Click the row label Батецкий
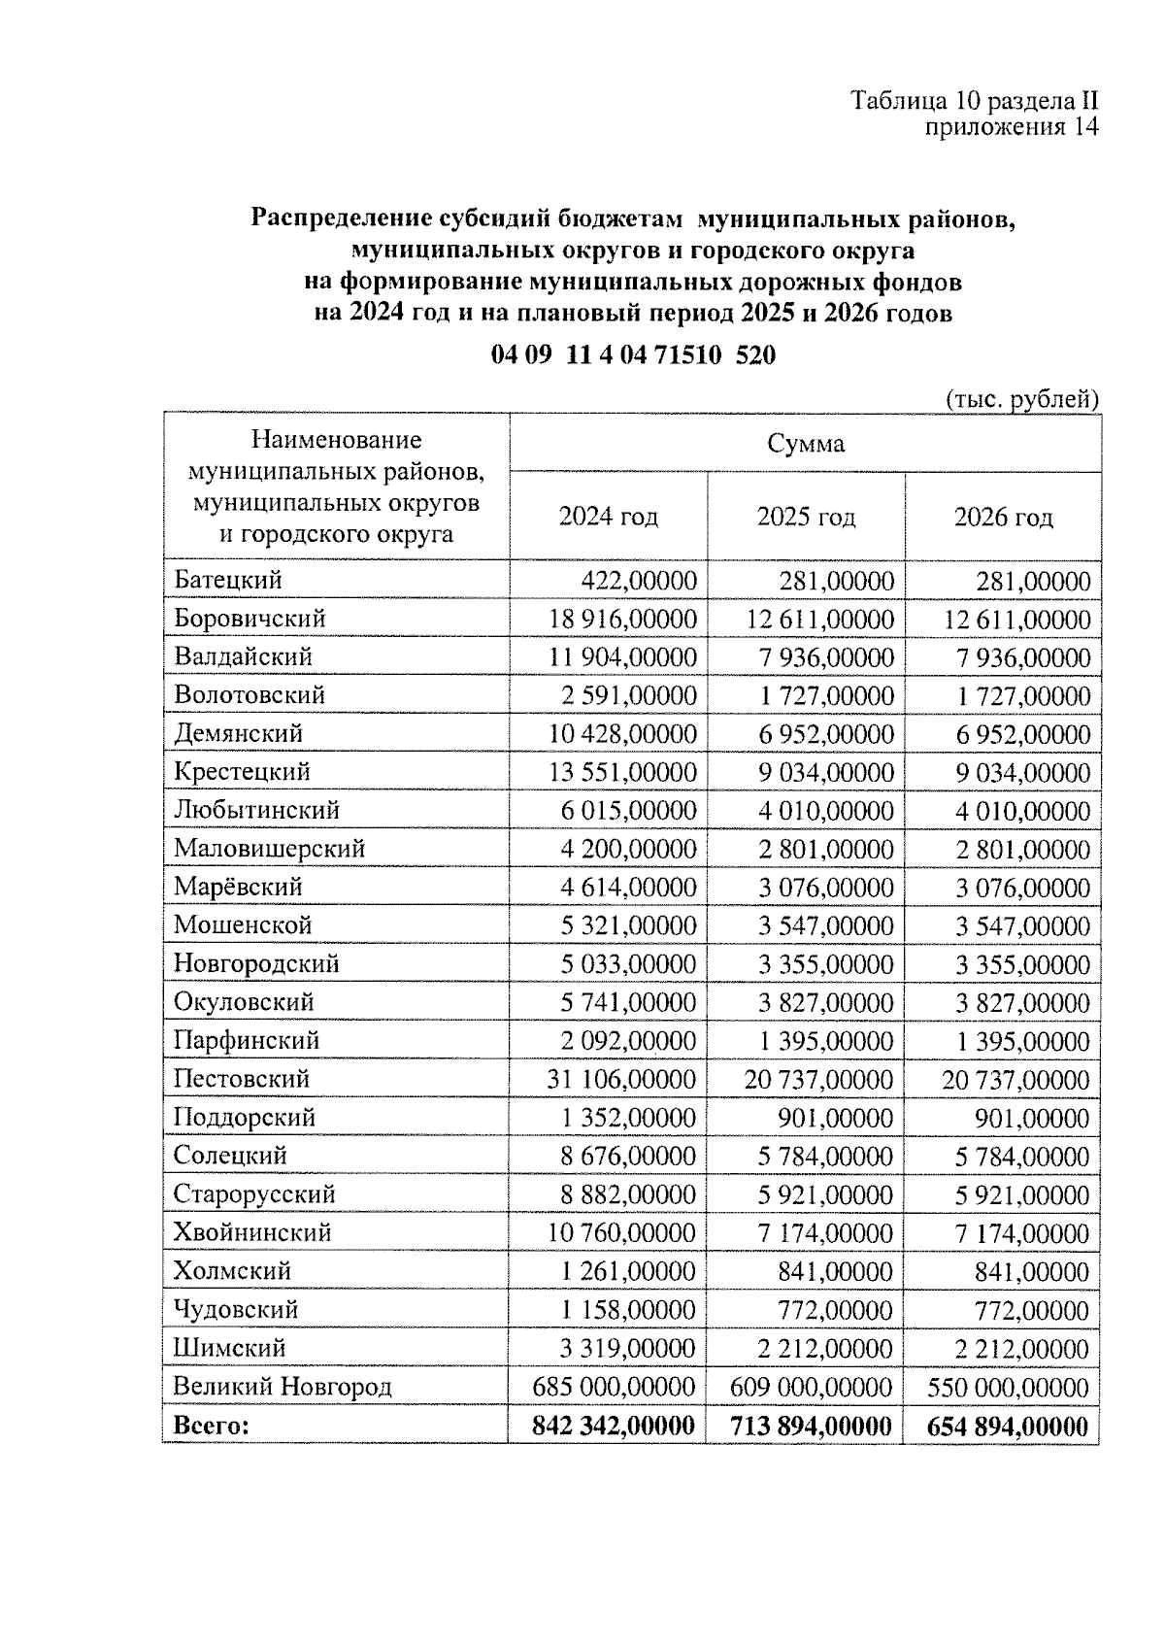pos(228,581)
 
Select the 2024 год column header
pos(609,517)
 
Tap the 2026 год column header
pos(1003,517)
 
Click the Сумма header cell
pos(806,445)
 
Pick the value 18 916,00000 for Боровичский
pos(622,620)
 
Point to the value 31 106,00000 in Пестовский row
pos(622,1079)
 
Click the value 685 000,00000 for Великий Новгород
pos(614,1386)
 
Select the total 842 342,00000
pos(614,1426)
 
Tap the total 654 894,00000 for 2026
pos(1007,1426)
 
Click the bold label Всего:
pos(211,1426)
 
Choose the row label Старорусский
pos(254,1193)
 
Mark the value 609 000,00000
pos(811,1386)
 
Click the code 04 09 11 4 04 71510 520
pos(633,355)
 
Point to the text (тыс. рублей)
pos(1021,399)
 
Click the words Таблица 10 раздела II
pos(974,101)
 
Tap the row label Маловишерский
pos(269,849)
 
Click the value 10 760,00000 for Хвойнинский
pos(622,1232)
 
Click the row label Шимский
pos(229,1348)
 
